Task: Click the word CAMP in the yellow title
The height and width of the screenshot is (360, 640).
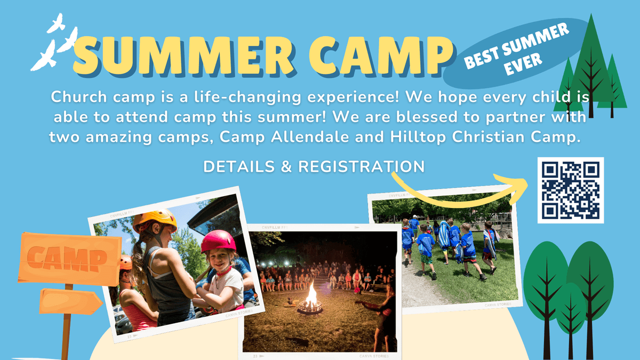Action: pyautogui.click(x=381, y=55)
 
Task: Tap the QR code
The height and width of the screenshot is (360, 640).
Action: pyautogui.click(x=571, y=190)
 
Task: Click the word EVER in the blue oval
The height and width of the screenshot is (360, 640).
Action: pyautogui.click(x=523, y=64)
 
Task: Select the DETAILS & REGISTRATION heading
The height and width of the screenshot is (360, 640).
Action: pyautogui.click(x=314, y=166)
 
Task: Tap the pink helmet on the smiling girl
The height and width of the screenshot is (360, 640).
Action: pyautogui.click(x=218, y=242)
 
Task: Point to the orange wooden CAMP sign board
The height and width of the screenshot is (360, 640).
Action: pyautogui.click(x=69, y=259)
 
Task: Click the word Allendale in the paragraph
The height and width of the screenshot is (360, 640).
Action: pyautogui.click(x=310, y=137)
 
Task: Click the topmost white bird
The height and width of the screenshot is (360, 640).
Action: pyautogui.click(x=57, y=23)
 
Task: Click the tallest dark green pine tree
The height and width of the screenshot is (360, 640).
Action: pyautogui.click(x=591, y=65)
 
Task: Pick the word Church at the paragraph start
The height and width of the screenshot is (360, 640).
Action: pyautogui.click(x=79, y=97)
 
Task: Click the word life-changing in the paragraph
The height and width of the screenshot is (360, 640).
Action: pyautogui.click(x=247, y=98)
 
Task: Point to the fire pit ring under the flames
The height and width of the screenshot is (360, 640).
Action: pyautogui.click(x=310, y=307)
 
